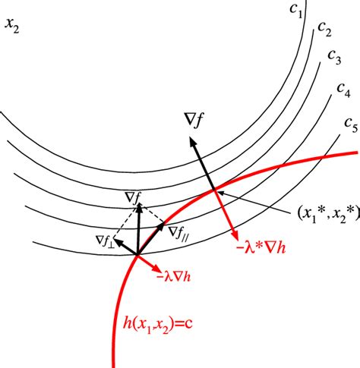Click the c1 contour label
point(296,11)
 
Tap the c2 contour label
point(324,29)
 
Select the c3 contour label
point(334,57)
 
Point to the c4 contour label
point(344,90)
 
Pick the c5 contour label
point(351,125)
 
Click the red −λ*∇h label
point(261,249)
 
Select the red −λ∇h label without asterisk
point(174,277)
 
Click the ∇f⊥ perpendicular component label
point(105,241)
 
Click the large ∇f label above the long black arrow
point(194,120)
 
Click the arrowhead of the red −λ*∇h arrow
point(235,234)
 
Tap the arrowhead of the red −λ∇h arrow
point(156,269)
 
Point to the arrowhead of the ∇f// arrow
point(161,225)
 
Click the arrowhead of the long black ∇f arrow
point(193,140)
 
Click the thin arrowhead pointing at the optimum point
point(220,193)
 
